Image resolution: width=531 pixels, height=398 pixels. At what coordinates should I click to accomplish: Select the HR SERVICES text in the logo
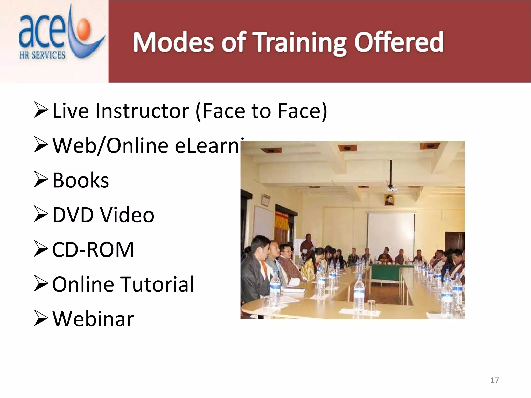42,55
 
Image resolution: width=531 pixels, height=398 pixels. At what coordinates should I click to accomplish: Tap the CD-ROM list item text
93,250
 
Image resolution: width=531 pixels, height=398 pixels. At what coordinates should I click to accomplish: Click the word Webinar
93,319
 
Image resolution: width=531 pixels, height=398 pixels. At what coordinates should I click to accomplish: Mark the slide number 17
494,380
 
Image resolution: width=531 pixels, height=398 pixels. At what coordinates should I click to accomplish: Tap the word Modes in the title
173,43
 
